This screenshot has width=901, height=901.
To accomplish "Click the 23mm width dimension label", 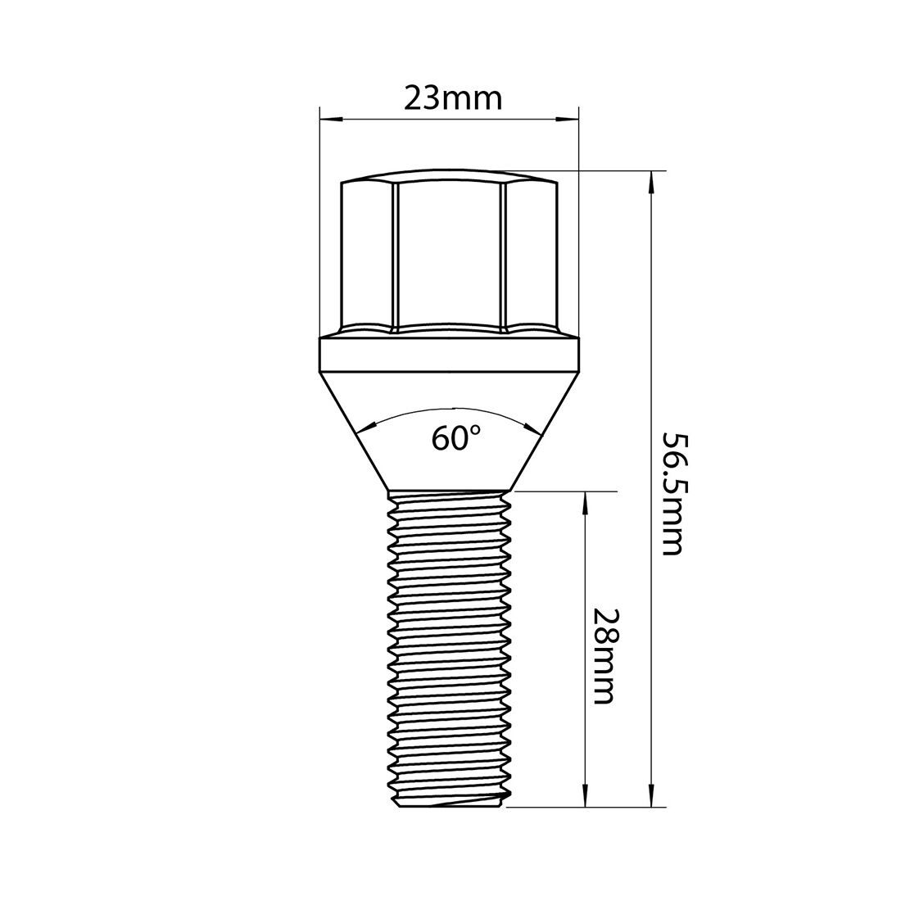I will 452,99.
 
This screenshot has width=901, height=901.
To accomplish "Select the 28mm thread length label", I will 604,655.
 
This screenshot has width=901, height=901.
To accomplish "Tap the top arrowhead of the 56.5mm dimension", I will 652,181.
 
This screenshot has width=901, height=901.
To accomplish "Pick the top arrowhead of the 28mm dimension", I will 586,502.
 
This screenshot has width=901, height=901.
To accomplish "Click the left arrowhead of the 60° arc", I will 363,426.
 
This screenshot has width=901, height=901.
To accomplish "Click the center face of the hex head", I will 448,254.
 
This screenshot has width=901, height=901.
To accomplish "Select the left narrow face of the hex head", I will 368,254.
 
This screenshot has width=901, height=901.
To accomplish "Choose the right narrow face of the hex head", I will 528,254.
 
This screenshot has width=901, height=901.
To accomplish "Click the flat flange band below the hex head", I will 448,355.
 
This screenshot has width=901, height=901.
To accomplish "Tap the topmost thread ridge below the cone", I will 449,498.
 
